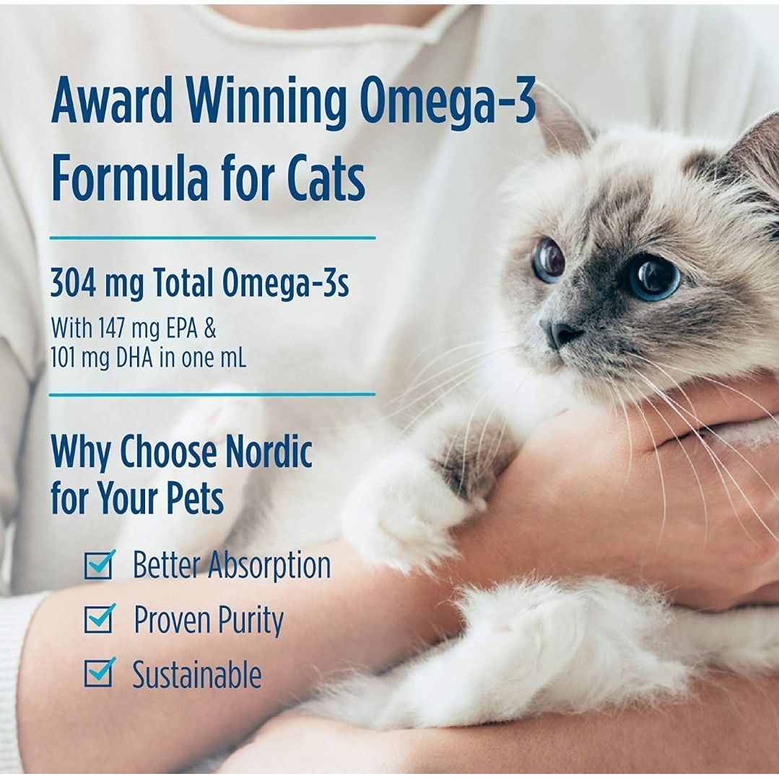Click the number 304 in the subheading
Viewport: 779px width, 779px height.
pos(73,283)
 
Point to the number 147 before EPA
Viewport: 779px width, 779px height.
pos(110,328)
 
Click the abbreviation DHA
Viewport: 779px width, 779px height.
pos(134,358)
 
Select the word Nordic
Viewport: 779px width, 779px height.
pos(269,451)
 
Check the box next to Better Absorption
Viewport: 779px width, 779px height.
pos(100,565)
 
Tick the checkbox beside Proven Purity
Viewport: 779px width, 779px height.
pos(100,619)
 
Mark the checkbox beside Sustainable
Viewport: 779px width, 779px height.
pos(100,672)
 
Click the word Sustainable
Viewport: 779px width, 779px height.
pos(197,674)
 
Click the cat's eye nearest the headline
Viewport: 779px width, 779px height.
pos(549,259)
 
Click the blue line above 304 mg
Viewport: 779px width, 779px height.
pos(213,238)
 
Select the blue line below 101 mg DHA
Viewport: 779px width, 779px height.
pos(212,395)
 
